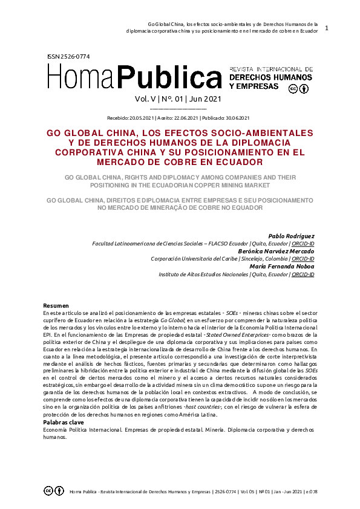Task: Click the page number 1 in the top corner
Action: (x=327, y=28)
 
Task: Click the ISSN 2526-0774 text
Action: (x=68, y=56)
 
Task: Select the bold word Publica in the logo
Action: (x=178, y=78)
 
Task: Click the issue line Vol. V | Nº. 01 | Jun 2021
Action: (x=178, y=99)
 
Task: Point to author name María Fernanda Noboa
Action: (x=281, y=267)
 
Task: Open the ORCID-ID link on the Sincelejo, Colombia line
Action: (x=303, y=259)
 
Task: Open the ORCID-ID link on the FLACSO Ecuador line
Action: (x=303, y=244)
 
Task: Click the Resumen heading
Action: (x=56, y=305)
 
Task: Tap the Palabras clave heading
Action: (x=64, y=422)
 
